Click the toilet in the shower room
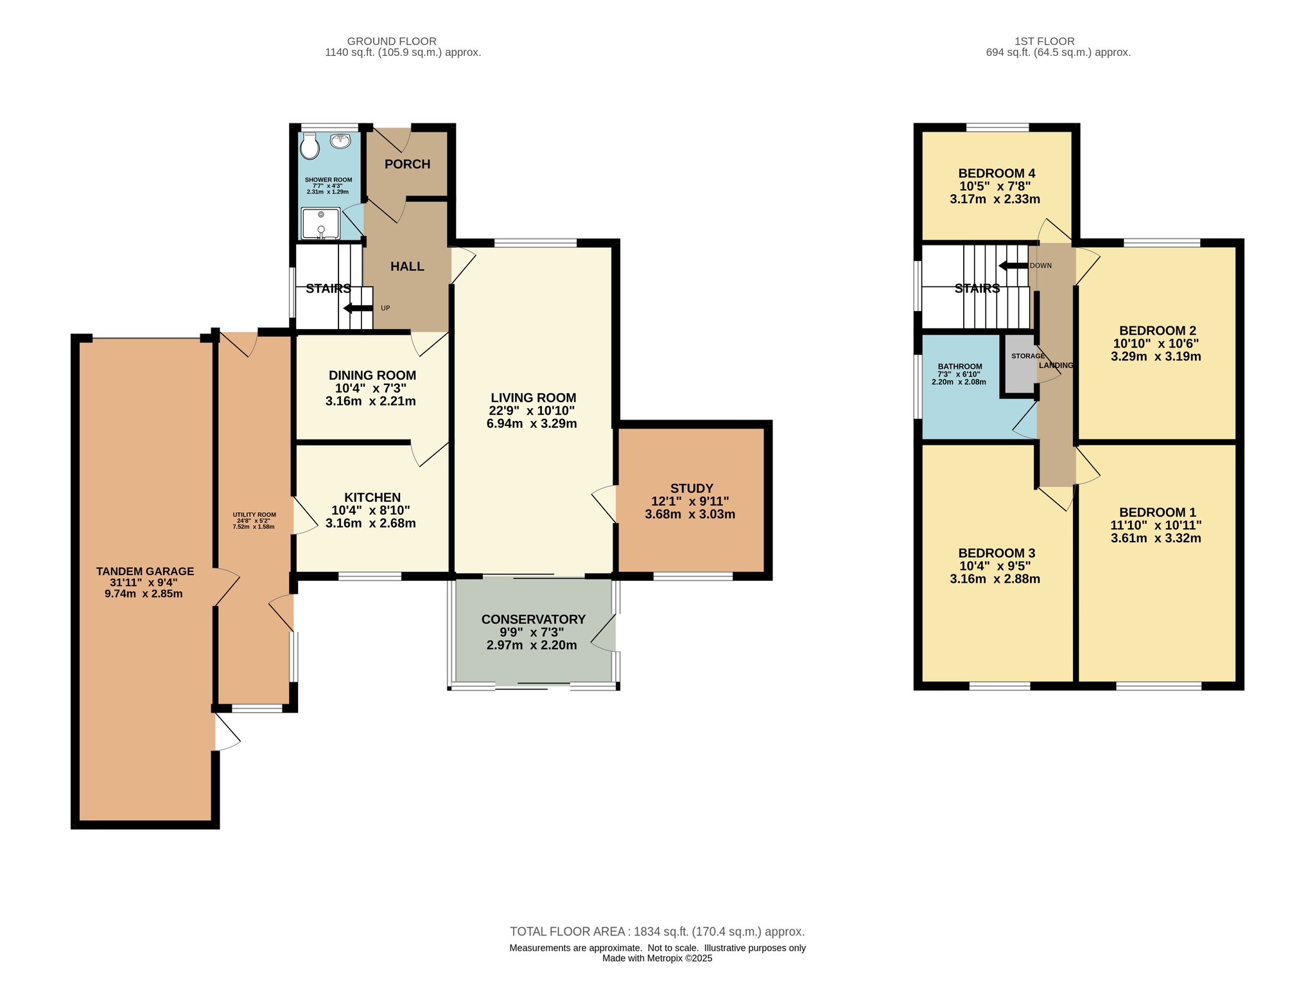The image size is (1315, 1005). tap(309, 146)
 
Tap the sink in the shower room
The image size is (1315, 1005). tap(340, 140)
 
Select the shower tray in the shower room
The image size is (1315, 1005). tap(320, 223)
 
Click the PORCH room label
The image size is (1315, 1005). tap(407, 165)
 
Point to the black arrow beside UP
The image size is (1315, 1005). tap(358, 308)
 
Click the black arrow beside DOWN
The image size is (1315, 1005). tap(1014, 265)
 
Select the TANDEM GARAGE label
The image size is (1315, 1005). tap(145, 571)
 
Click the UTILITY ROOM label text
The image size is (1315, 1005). tap(254, 515)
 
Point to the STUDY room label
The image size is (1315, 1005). tap(692, 488)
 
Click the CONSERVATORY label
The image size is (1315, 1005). tap(533, 619)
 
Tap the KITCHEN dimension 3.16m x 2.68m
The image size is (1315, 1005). tap(370, 523)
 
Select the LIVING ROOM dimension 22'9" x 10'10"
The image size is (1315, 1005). tap(532, 411)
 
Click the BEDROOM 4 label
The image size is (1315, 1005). tap(997, 173)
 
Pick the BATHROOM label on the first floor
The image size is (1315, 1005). tap(959, 366)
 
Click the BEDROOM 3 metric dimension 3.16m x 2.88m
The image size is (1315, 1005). tap(995, 579)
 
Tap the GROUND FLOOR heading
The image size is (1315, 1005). tap(392, 41)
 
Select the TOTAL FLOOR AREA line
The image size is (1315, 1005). tap(657, 932)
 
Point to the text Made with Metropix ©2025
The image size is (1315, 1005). tap(657, 958)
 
